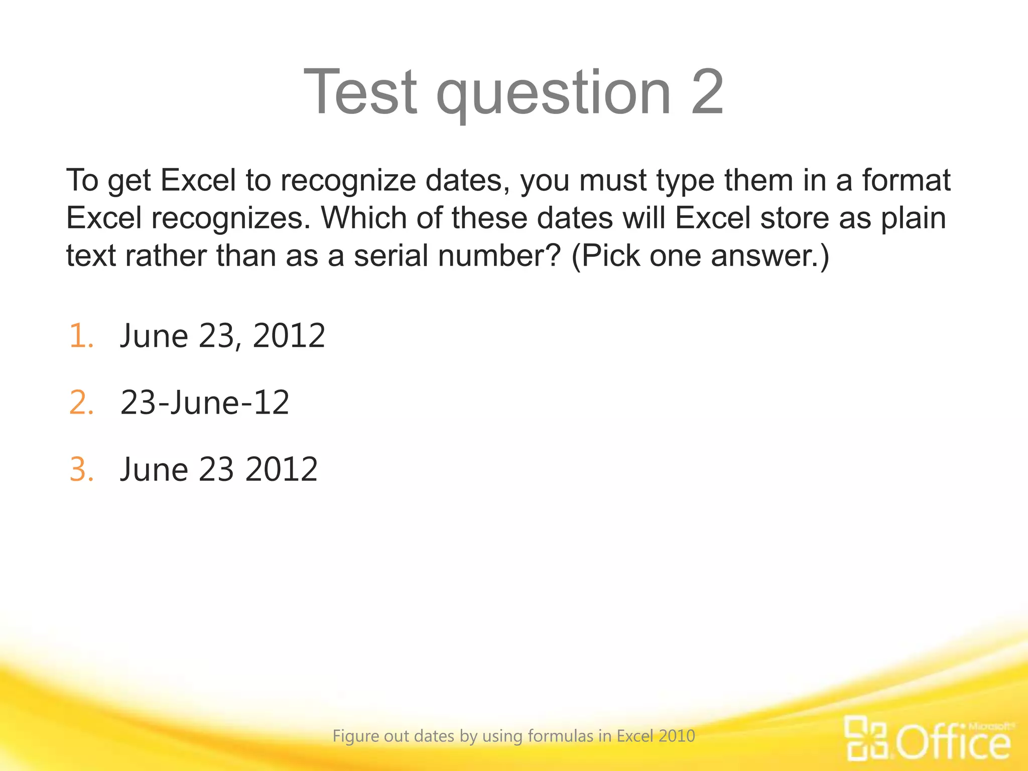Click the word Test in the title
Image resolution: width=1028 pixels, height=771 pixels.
(360, 92)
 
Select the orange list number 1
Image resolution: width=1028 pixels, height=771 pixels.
(81, 336)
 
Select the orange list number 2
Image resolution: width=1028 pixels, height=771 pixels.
(81, 403)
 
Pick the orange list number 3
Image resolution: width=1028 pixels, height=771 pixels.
(81, 470)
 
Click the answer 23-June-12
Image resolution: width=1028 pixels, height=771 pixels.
(205, 403)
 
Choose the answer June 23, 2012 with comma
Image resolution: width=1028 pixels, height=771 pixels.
(222, 336)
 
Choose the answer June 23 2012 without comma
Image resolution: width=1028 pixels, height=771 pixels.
(218, 470)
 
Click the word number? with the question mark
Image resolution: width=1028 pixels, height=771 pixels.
(499, 255)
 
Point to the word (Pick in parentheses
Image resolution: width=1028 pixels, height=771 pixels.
(605, 256)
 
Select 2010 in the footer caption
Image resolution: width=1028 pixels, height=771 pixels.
(677, 736)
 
